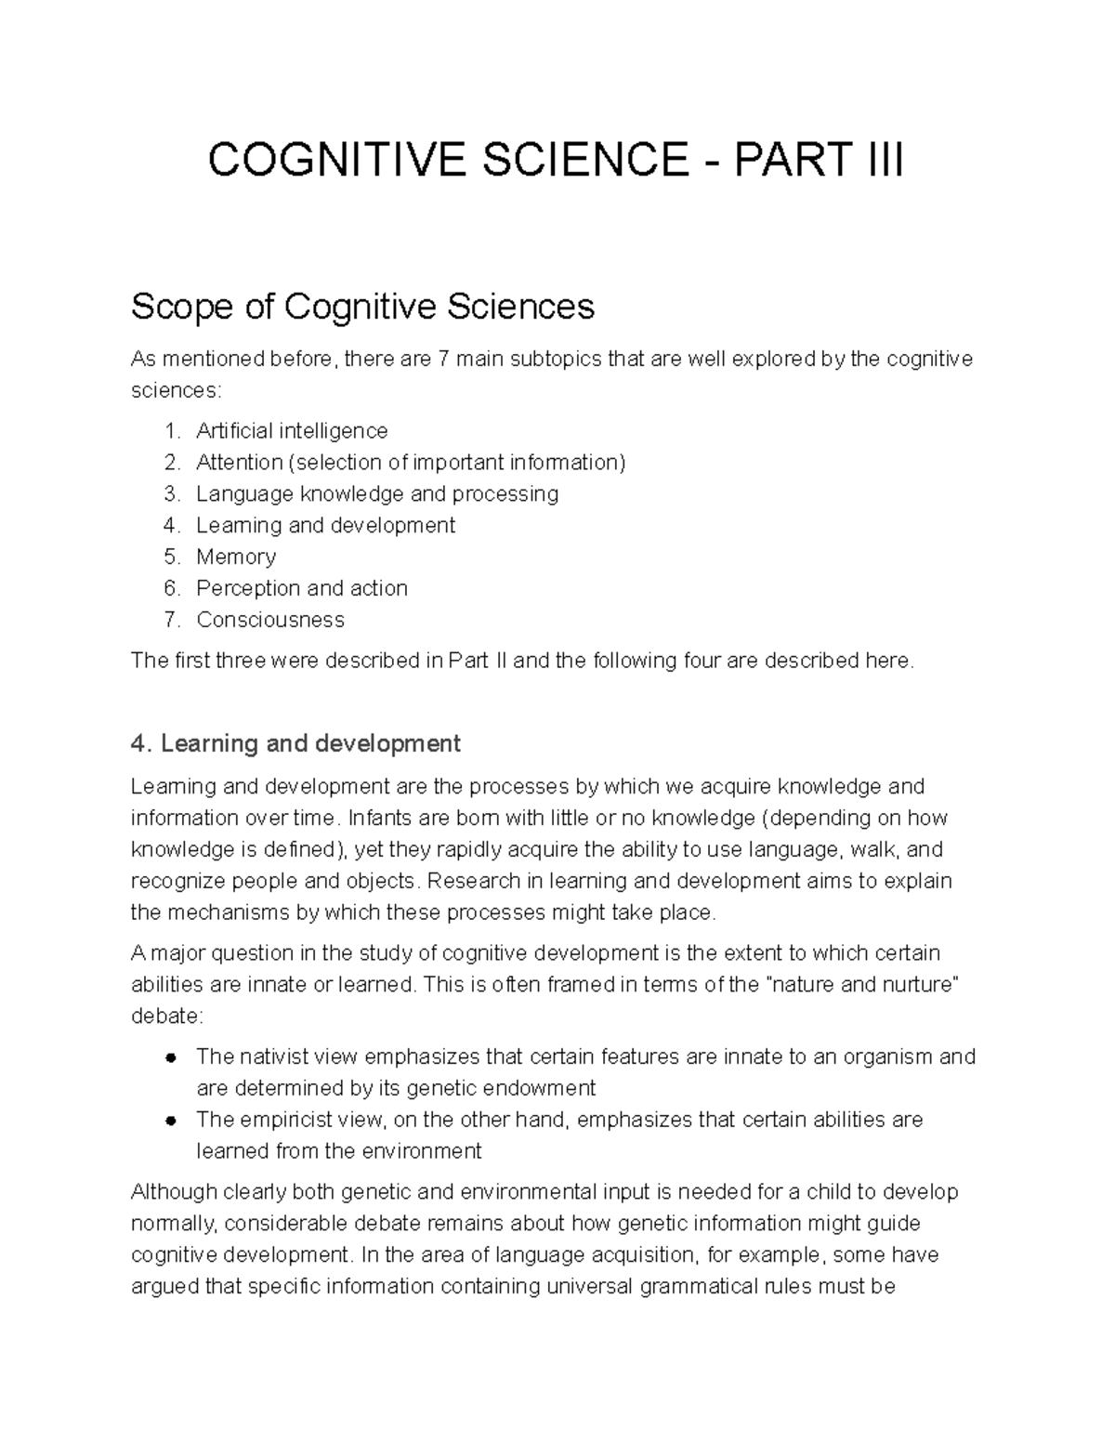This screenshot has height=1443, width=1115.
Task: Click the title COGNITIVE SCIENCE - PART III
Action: coord(556,161)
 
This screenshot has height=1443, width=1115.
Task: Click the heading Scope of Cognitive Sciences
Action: coord(362,306)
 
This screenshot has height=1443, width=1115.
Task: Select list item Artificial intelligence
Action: coord(292,431)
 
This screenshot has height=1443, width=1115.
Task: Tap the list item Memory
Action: coord(236,557)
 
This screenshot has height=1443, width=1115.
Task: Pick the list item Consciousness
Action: coord(270,620)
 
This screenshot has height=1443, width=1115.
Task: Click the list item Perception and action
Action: coord(302,588)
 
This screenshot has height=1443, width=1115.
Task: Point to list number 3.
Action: coord(171,493)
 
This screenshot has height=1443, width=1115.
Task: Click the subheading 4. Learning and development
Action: coord(295,743)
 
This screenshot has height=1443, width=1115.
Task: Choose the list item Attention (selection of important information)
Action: coord(411,462)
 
